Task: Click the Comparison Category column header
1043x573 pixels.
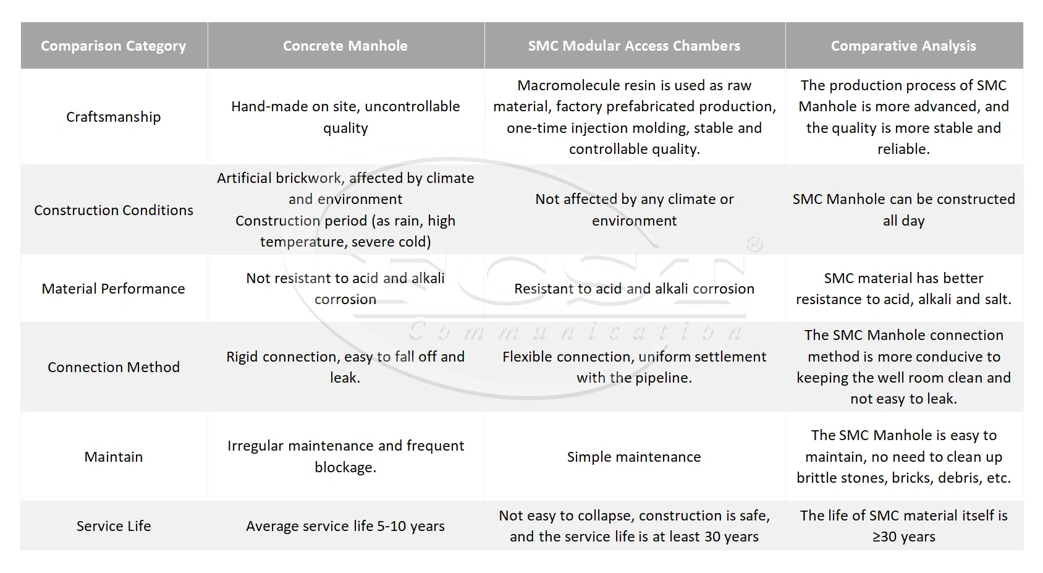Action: [114, 46]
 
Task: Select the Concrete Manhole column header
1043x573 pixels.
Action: [345, 46]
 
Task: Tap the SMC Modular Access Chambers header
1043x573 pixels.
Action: [634, 46]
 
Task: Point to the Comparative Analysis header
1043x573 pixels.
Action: [903, 46]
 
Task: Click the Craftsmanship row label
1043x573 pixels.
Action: [114, 117]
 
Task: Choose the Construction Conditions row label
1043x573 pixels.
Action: [114, 210]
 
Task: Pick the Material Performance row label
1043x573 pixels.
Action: [114, 289]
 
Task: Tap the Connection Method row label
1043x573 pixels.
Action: [114, 367]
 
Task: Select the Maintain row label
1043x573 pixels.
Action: [114, 457]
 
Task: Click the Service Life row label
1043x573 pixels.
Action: [114, 526]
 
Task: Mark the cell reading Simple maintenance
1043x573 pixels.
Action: [634, 457]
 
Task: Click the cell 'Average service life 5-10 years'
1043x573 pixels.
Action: [345, 526]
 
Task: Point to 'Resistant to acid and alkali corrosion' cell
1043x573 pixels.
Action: [634, 289]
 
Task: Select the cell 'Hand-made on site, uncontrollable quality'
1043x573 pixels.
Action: [345, 117]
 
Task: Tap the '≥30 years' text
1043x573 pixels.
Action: [903, 537]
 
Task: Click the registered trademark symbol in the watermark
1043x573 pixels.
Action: [754, 245]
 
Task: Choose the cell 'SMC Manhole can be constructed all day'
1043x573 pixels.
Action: [903, 210]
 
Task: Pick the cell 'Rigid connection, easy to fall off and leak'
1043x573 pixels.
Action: [345, 367]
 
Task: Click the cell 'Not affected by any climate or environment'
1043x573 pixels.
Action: [634, 210]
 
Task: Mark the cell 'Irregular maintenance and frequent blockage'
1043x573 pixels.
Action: [345, 457]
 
